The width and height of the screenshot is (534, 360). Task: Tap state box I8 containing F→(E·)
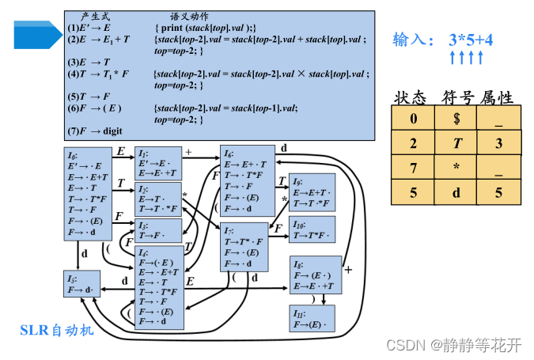316,275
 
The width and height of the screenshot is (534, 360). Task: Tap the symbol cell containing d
456,191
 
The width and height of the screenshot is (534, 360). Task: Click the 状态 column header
410,97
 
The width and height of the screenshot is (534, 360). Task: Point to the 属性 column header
497,97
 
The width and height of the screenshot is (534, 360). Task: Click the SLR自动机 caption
57,329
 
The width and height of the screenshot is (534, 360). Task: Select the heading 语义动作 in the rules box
189,16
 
